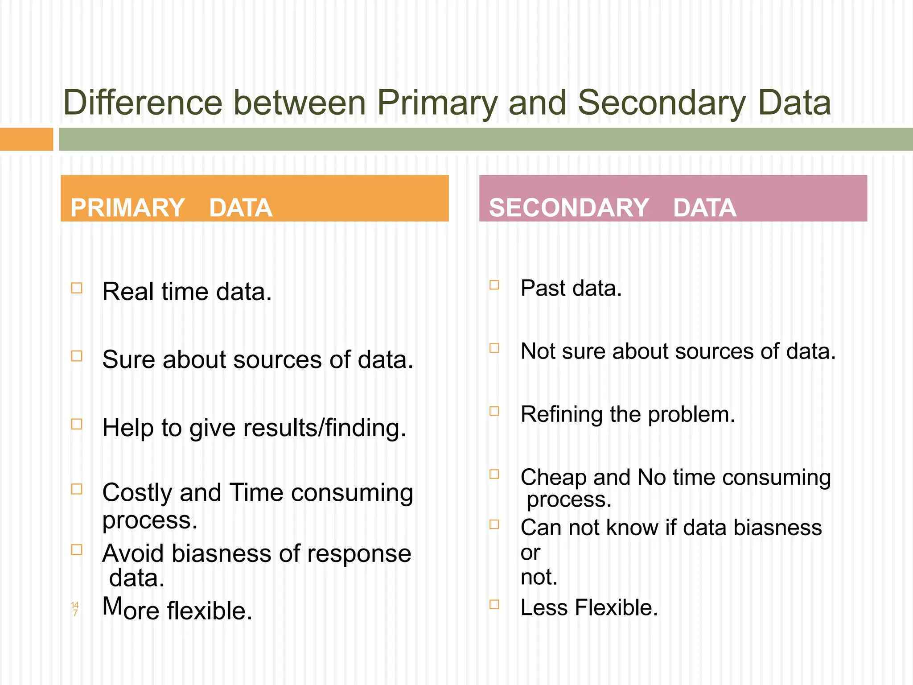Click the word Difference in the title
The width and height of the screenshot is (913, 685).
(143, 103)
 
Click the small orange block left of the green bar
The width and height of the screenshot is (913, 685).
(26, 139)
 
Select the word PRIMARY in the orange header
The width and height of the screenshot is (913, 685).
(127, 208)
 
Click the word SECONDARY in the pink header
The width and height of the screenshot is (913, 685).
(569, 208)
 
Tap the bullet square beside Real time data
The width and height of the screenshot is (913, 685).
(77, 288)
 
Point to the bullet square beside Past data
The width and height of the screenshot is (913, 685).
(494, 285)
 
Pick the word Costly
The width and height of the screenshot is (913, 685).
(137, 493)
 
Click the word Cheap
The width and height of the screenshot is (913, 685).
(553, 478)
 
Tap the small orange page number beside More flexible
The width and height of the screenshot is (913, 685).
(75, 609)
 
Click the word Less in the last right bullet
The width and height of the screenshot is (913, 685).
(544, 607)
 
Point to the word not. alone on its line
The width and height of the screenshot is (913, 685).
(539, 577)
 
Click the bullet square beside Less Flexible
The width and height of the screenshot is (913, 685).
(494, 604)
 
